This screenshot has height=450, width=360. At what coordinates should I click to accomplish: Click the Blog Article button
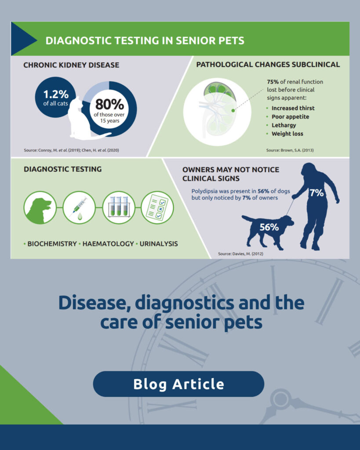(178, 384)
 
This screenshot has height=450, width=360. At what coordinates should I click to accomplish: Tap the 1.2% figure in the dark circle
(56, 94)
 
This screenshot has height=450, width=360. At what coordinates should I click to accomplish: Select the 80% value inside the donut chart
(109, 105)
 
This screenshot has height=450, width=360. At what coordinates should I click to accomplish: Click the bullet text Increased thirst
(293, 108)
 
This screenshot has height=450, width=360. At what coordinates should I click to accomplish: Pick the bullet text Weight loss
(287, 134)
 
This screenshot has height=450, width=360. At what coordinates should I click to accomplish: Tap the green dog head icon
(40, 207)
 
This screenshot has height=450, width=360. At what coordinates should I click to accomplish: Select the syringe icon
(79, 207)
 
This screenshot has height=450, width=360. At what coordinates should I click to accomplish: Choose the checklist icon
(157, 207)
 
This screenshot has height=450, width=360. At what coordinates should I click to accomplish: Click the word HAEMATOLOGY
(108, 243)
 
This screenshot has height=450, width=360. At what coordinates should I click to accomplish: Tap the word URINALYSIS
(159, 243)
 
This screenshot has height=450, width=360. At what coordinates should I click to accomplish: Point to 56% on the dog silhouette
(269, 227)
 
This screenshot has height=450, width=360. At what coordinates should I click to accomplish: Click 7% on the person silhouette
(316, 192)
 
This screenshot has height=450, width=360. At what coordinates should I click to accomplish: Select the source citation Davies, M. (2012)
(240, 254)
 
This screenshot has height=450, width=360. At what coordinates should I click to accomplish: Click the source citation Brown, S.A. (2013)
(290, 150)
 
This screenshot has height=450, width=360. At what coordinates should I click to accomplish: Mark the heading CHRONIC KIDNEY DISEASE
(71, 65)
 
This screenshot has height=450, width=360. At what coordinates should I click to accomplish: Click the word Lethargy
(284, 125)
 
